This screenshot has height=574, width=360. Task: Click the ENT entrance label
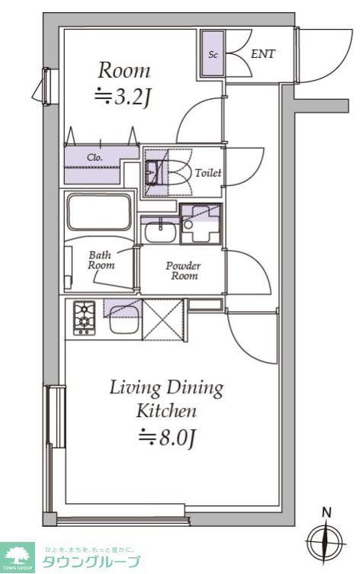262,54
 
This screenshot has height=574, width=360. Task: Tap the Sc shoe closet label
213,55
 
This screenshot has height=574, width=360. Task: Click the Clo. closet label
95,158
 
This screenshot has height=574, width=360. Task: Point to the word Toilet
208,173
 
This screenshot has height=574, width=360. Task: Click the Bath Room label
101,260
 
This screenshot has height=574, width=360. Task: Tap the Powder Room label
183,271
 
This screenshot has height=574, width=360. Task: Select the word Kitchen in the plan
166,411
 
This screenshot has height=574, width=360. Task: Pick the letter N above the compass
326,512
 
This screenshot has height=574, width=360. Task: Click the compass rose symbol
326,542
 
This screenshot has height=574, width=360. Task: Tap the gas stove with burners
84,318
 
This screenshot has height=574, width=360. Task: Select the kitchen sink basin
124,319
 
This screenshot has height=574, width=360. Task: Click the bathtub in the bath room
98,213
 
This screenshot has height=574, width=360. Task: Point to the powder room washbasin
159,232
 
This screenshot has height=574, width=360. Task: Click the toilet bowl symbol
179,173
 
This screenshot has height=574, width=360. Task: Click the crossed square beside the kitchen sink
162,320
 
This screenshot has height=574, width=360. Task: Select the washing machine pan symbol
201,224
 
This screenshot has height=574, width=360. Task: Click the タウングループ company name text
92,561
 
